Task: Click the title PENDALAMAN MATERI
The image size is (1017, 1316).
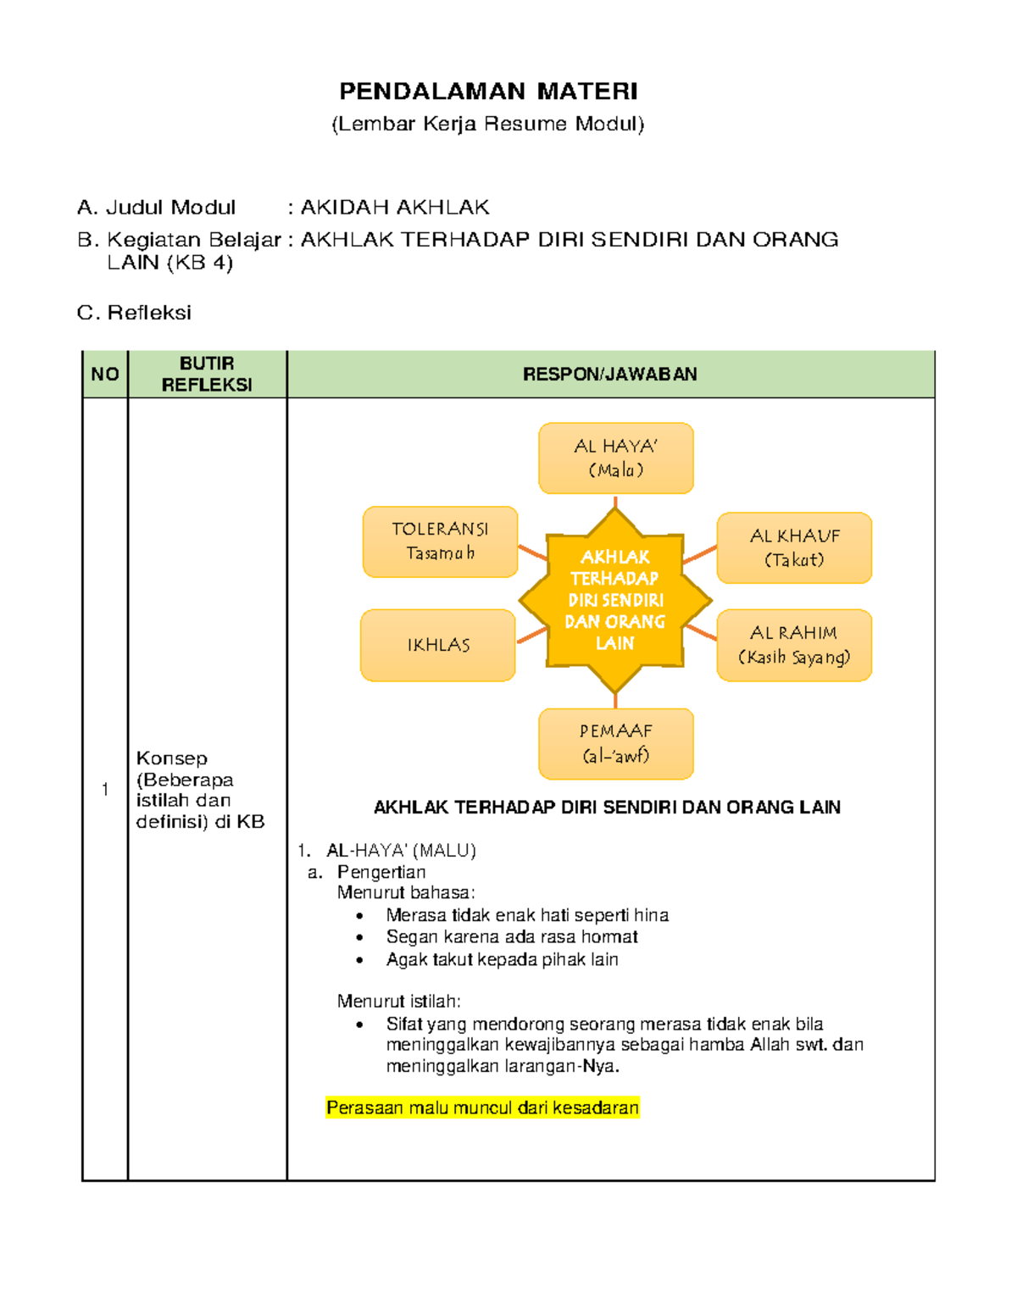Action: [488, 92]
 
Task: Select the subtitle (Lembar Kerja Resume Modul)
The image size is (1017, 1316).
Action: [488, 124]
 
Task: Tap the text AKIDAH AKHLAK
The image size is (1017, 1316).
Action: [395, 208]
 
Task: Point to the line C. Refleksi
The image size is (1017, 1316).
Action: [134, 313]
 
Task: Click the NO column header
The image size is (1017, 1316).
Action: [105, 375]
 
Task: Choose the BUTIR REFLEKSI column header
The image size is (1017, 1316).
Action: [207, 374]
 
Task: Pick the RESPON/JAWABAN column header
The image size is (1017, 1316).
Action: [610, 375]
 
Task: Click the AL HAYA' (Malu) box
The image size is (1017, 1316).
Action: [616, 458]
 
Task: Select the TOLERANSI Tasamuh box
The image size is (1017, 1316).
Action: [440, 541]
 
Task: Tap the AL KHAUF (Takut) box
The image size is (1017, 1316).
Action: [794, 548]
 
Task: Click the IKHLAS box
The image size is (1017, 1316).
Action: [438, 645]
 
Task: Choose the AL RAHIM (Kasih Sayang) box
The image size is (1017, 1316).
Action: [794, 645]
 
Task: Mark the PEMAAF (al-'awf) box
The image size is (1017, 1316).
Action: [616, 743]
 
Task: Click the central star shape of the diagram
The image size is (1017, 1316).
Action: [615, 600]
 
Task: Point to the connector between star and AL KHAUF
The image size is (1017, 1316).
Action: [700, 554]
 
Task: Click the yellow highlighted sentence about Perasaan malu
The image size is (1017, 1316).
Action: [482, 1108]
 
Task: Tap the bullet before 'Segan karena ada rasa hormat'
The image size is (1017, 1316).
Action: [360, 938]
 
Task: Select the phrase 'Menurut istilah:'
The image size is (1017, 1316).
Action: [399, 1002]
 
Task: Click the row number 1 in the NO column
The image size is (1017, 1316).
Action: [105, 790]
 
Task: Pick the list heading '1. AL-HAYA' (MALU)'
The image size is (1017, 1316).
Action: [387, 851]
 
